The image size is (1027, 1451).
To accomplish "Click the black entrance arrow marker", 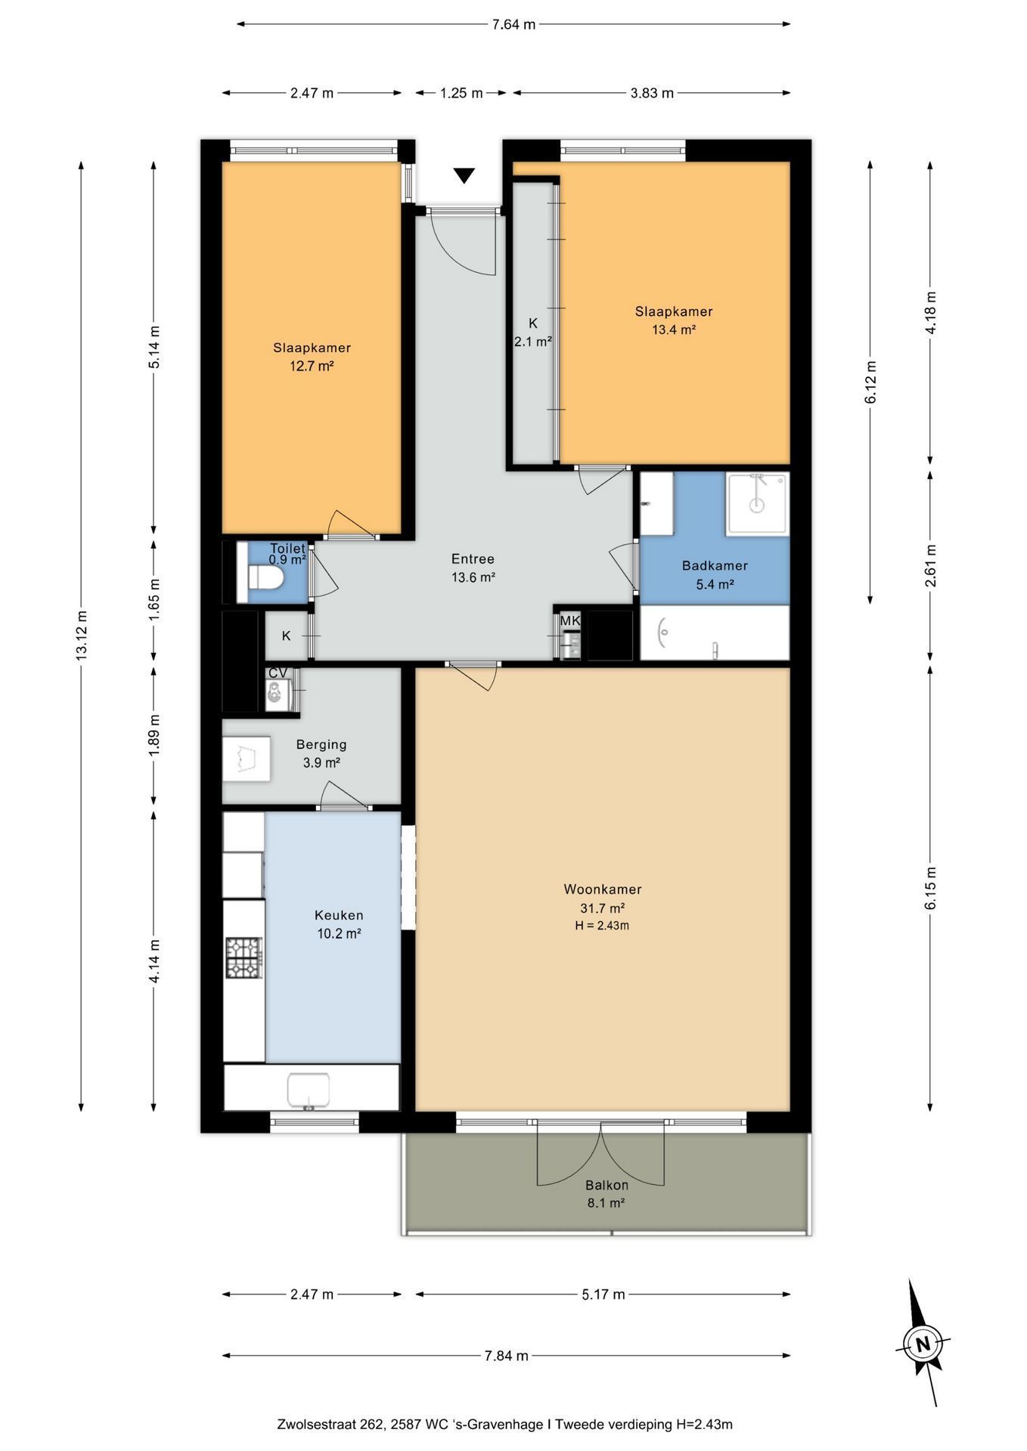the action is [x=464, y=175].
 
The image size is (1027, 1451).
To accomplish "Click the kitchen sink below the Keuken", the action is [x=309, y=1088].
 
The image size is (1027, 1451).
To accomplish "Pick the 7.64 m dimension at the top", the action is [x=513, y=24].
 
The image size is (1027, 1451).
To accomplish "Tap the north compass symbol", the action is [x=923, y=1344].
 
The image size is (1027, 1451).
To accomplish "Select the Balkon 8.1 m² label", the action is [x=606, y=1194].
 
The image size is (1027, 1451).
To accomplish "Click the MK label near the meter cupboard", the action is [x=569, y=620].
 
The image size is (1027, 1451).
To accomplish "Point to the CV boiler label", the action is [x=278, y=673].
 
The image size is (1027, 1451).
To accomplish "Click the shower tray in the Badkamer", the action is [x=757, y=503].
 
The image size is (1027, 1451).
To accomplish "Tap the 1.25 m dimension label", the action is [x=461, y=93].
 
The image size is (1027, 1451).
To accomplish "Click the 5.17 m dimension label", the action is [x=603, y=1295].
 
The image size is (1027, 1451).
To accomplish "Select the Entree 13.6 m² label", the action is [x=473, y=568].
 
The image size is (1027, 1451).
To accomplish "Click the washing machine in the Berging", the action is [x=246, y=759].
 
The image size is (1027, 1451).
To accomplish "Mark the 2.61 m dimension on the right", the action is [x=930, y=565].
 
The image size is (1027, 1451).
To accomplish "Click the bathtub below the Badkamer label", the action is [x=715, y=633].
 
